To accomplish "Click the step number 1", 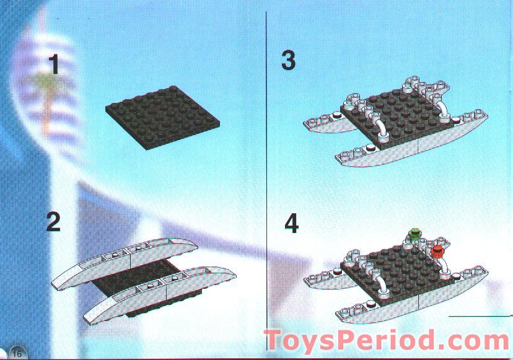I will point(55,64).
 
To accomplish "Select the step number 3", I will point(288,61).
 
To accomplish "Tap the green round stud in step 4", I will point(414,234).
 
